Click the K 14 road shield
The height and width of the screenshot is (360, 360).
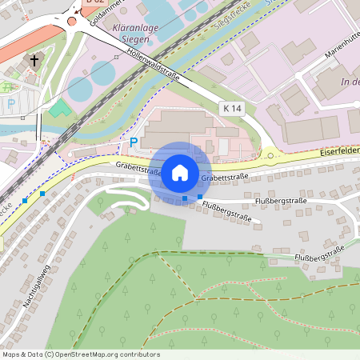click(x=232, y=107)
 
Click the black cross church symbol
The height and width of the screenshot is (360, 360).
click(x=34, y=60)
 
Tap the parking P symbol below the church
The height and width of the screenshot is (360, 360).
click(x=11, y=104)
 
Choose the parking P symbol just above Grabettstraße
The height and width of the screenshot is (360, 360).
click(x=134, y=142)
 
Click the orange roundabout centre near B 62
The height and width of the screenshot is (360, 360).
click(x=72, y=21)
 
